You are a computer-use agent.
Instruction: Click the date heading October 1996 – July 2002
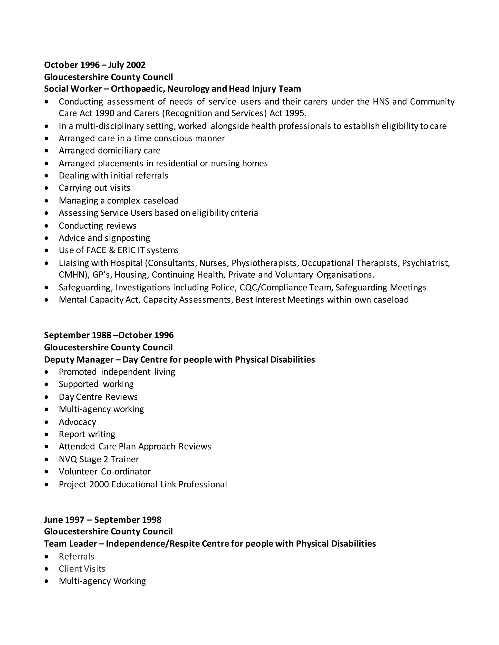point(95,65)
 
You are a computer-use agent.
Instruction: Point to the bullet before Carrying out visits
point(46,188)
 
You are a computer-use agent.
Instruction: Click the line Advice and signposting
point(104,238)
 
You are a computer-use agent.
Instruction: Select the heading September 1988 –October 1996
point(109,335)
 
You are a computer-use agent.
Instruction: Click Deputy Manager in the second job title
point(79,359)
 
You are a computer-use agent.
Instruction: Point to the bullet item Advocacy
point(77,422)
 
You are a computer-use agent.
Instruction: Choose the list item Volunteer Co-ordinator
point(105,471)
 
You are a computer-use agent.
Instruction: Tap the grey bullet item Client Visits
point(82,569)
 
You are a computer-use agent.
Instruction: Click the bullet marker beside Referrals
point(46,557)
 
